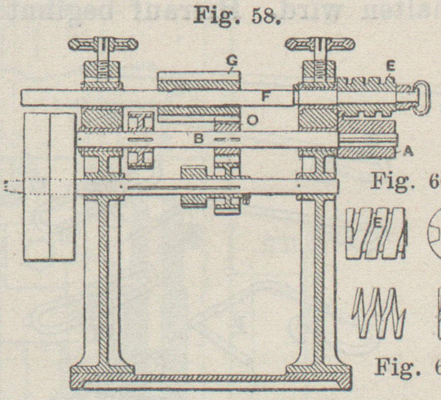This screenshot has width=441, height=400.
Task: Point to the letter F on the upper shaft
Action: point(265,97)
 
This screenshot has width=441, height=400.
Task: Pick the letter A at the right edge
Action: point(407,153)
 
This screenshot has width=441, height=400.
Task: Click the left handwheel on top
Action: point(103,44)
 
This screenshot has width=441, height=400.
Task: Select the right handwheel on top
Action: point(320,44)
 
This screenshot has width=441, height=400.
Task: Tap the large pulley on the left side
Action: point(50,186)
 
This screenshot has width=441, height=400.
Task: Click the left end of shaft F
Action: point(25,97)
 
